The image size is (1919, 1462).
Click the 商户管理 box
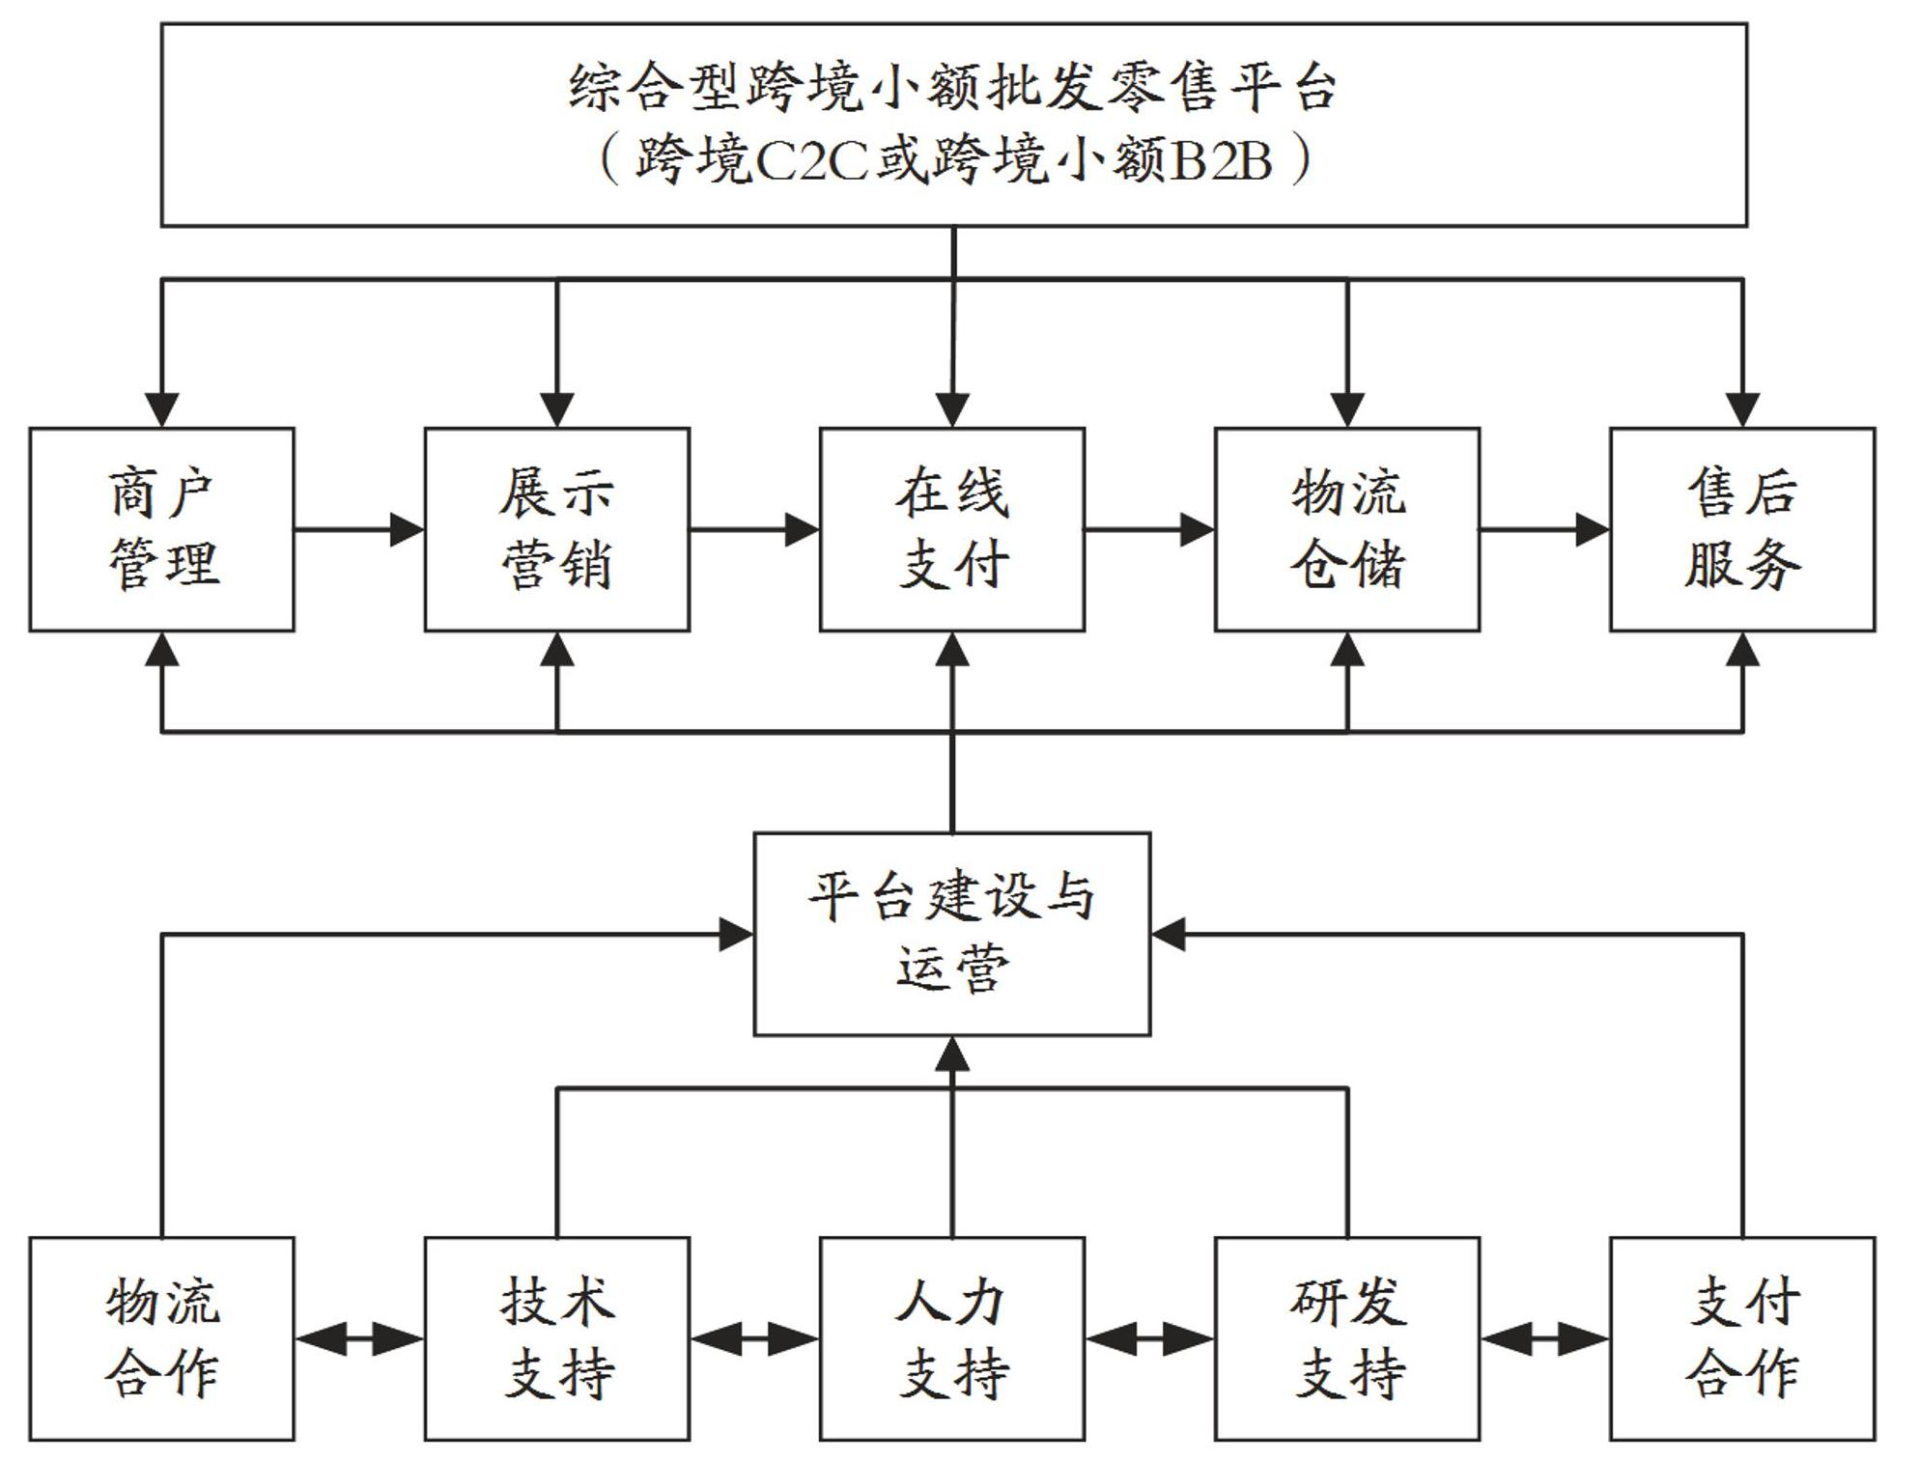point(161,529)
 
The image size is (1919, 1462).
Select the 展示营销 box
point(557,529)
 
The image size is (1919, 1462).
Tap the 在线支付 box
point(952,529)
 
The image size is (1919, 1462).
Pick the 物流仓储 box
point(1347,529)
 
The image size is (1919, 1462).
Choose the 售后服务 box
point(1742,529)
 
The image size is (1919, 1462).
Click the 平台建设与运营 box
point(952,934)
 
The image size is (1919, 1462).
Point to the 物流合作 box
point(161,1338)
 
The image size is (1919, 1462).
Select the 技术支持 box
point(557,1338)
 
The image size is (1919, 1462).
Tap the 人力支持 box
point(952,1338)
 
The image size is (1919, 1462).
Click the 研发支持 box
point(1347,1338)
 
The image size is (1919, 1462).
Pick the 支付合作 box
point(1742,1338)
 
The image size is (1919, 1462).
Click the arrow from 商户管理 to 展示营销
point(359,529)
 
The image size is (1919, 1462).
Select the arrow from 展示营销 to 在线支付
point(754,529)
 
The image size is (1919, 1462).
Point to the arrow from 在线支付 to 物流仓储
point(1149,529)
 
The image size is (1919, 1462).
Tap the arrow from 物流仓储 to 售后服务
point(1544,529)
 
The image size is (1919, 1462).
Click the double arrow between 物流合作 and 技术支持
point(359,1339)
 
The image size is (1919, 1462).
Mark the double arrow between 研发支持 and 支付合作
point(1544,1339)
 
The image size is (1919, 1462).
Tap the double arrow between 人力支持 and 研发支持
point(1149,1339)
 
